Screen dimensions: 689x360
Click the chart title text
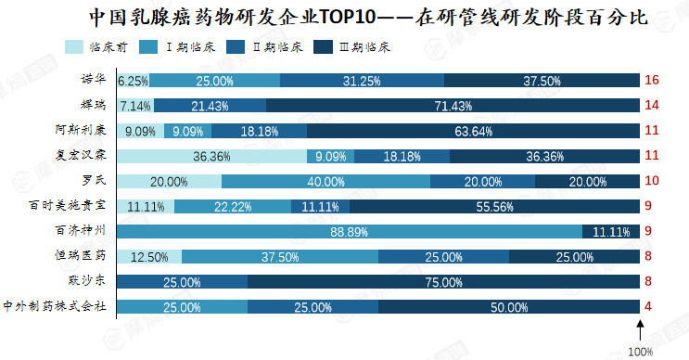[x=368, y=18]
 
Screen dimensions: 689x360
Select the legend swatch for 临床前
[x=74, y=47]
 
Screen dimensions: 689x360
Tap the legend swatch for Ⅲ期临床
[x=323, y=47]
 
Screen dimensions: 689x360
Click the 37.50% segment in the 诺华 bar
[x=542, y=81]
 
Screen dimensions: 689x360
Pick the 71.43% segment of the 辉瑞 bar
[x=453, y=106]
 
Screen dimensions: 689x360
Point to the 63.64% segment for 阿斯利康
[x=473, y=131]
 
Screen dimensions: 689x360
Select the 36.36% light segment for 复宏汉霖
[x=211, y=157]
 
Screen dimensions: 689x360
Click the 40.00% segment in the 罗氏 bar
[x=325, y=182]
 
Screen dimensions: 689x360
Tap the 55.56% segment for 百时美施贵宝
[x=495, y=207]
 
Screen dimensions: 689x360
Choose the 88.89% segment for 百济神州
[x=350, y=232]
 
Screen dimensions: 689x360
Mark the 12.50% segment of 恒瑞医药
[x=149, y=257]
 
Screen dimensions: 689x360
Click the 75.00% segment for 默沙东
[x=443, y=282]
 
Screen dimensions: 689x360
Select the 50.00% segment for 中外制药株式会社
[x=509, y=307]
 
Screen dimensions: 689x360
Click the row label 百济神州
[x=80, y=230]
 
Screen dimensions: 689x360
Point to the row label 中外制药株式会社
[x=55, y=306]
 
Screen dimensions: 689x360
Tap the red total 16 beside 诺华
[x=652, y=80]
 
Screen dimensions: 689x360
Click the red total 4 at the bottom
[x=647, y=306]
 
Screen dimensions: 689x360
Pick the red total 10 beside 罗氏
[x=652, y=181]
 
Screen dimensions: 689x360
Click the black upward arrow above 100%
[x=640, y=329]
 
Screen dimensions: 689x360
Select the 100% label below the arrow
[x=640, y=352]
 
